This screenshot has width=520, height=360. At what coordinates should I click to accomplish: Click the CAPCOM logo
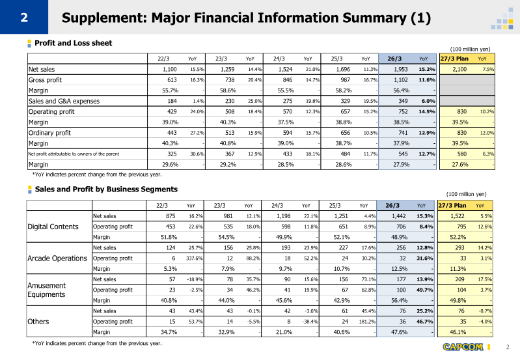(463, 347)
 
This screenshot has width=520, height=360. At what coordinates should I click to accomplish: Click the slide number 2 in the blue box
(24, 18)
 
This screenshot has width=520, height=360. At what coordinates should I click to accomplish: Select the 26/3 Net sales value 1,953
(401, 70)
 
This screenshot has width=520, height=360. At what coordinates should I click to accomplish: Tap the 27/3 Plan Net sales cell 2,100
(459, 70)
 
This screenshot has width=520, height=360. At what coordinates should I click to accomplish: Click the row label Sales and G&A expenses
(64, 101)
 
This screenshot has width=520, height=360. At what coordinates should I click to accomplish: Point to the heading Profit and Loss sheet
(74, 43)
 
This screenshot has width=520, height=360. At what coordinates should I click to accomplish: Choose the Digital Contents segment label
(53, 227)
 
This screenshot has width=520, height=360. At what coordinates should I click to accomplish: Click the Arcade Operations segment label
(57, 258)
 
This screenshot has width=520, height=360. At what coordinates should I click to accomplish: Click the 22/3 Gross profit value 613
(172, 80)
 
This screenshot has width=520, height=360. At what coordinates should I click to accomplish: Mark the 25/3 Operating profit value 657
(345, 112)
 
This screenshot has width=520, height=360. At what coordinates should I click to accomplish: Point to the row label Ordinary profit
(49, 133)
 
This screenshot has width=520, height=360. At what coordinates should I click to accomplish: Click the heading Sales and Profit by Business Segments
(106, 189)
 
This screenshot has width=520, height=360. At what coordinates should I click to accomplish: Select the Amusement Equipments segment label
(47, 290)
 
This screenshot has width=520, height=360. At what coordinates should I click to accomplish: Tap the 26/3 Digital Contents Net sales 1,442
(398, 216)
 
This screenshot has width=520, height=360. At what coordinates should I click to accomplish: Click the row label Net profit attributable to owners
(74, 154)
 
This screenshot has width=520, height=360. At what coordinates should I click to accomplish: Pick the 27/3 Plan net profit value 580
(461, 154)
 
